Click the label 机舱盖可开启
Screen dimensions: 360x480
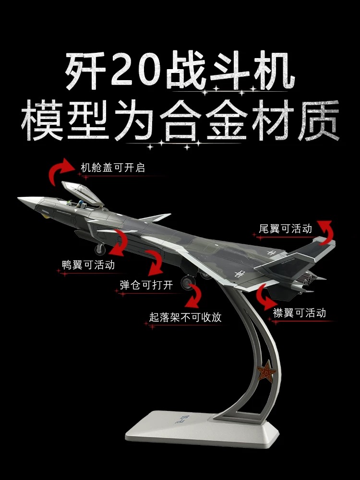pyautogui.click(x=113, y=168)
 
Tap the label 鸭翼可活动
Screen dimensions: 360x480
pyautogui.click(x=88, y=264)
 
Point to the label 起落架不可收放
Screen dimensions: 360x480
pyautogui.click(x=185, y=317)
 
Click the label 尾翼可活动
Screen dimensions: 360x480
pyautogui.click(x=285, y=228)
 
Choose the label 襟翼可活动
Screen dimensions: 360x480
pyautogui.click(x=300, y=313)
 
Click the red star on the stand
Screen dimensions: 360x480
pyautogui.click(x=265, y=372)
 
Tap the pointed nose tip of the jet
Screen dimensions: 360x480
pyautogui.click(x=20, y=199)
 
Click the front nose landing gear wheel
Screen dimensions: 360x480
pyautogui.click(x=100, y=249)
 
